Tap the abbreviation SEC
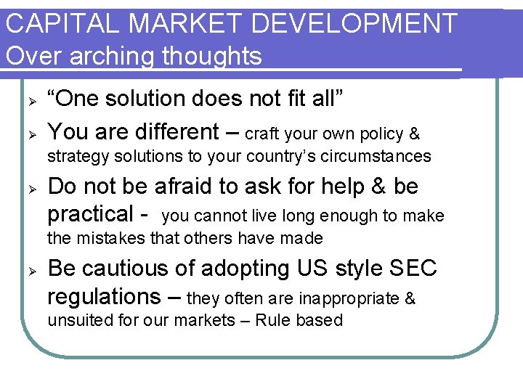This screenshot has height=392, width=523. coord(413,269)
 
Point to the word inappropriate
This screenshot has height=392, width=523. coord(346,298)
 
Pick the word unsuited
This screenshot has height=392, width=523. coord(78,320)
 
